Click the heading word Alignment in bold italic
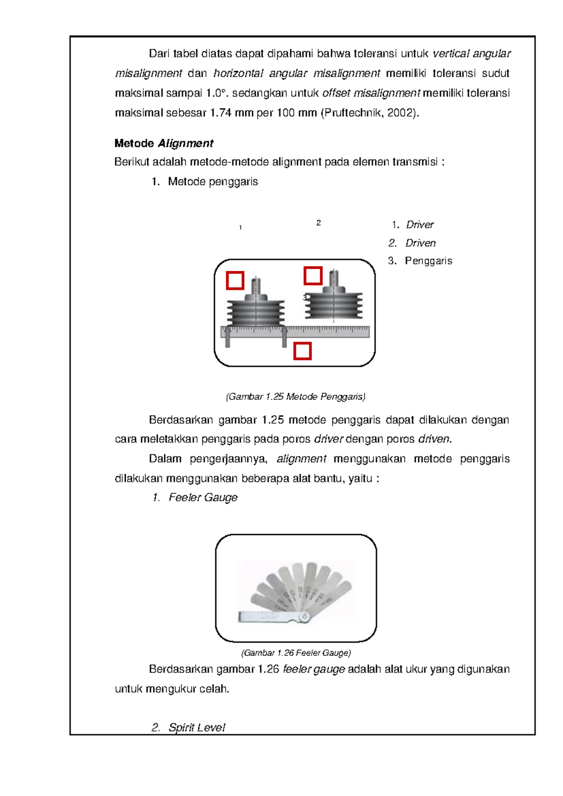[186, 144]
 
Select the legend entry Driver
[419, 225]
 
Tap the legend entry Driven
[420, 243]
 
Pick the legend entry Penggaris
[428, 261]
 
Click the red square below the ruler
[303, 351]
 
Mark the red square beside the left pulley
[235, 281]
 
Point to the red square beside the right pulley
[313, 276]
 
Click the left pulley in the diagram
[256, 310]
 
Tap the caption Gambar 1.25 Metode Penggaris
[296, 397]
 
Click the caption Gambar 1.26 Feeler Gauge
[296, 653]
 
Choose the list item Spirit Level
[197, 727]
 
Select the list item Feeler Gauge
[203, 497]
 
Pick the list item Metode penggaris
[213, 182]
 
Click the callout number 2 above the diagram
[319, 223]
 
